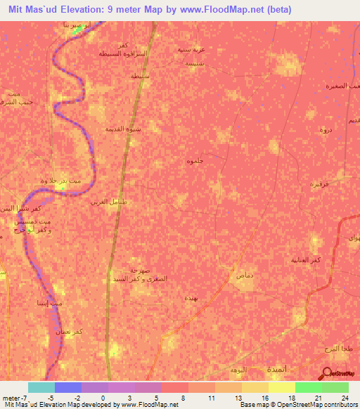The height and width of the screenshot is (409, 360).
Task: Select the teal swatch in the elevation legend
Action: tap(41, 387)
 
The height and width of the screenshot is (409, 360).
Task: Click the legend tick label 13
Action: tap(242, 397)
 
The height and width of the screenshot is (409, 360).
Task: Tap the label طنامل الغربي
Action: tap(108, 202)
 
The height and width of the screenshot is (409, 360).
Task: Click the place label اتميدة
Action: tap(307, 368)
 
